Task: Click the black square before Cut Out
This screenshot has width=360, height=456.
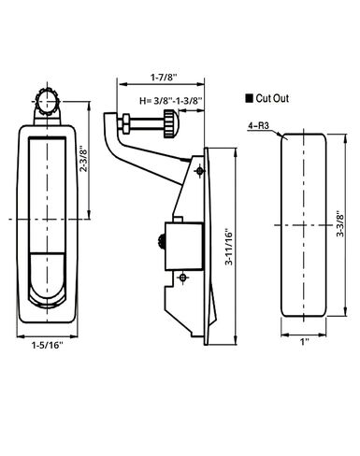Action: [249, 97]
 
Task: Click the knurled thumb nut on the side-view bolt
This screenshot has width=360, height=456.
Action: [167, 122]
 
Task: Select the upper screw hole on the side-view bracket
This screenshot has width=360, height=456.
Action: [198, 170]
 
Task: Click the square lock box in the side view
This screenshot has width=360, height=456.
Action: [184, 241]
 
